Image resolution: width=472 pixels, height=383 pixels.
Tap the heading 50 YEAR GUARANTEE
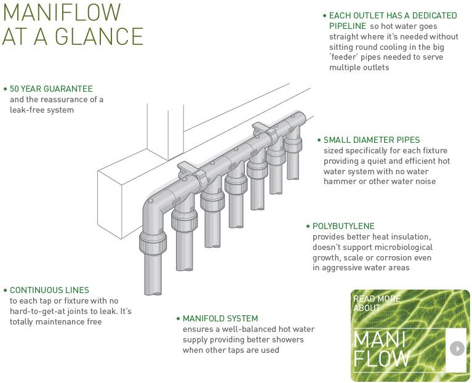51,89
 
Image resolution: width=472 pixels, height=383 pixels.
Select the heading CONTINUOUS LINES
49,290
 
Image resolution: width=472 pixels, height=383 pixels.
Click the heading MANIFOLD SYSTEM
220,319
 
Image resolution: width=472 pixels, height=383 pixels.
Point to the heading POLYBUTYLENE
343,227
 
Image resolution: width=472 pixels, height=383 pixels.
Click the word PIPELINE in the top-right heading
347,26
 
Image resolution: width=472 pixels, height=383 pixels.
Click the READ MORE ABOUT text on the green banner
376,303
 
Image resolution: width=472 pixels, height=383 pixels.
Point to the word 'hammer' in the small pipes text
339,182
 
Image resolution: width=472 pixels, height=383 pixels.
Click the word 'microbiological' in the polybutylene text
402,248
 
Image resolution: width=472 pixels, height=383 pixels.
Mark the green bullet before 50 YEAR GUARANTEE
5,89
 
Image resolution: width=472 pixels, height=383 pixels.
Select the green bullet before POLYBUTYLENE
308,227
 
